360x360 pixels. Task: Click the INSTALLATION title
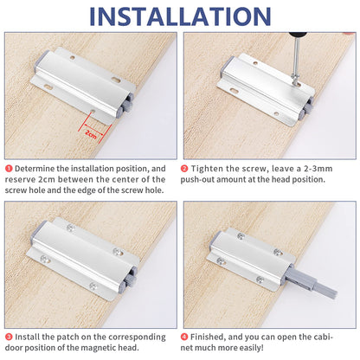pos(180,16)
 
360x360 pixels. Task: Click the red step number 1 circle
pos(9,169)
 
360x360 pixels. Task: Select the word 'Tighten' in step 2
pos(208,169)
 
